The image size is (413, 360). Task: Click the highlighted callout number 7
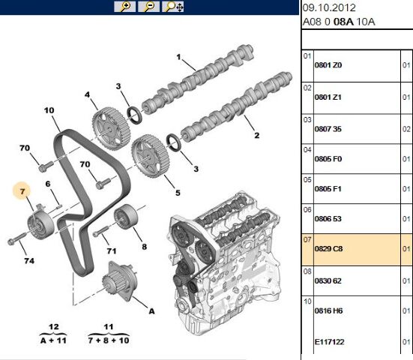(23, 193)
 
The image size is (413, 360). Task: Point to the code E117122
(329, 343)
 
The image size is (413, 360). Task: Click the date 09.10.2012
(329, 7)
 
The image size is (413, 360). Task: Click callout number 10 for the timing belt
(49, 111)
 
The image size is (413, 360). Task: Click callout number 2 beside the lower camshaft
(256, 136)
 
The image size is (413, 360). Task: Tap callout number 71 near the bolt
(111, 250)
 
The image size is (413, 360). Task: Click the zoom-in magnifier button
(124, 7)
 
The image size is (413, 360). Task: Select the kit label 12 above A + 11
(52, 328)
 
